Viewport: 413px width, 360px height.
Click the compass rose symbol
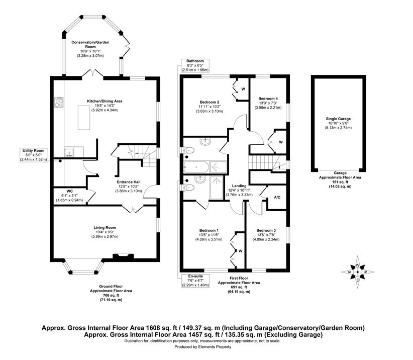coord(357,272)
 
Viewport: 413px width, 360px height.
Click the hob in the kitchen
coord(59,103)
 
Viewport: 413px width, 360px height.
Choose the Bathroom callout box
coord(195,66)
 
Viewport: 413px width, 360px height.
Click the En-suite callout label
coord(194,281)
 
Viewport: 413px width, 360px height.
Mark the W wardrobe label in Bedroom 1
coord(240,251)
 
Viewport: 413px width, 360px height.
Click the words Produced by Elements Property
coord(206,347)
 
